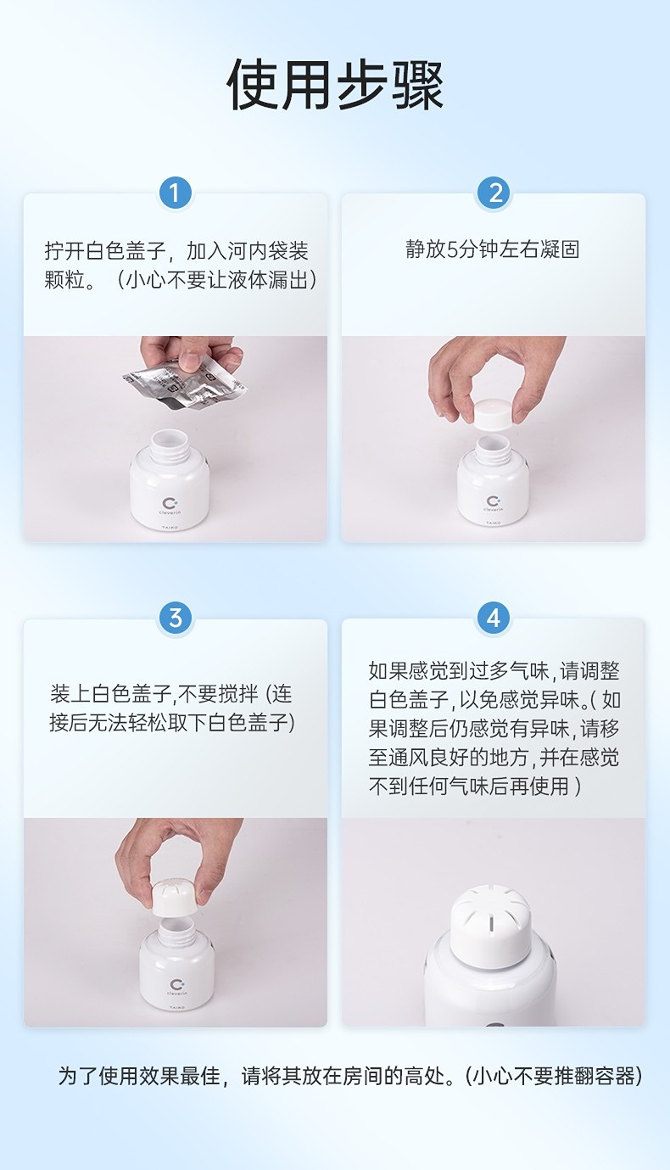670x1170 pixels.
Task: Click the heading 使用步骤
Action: coord(335,85)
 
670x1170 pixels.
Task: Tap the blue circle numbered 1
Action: coord(175,193)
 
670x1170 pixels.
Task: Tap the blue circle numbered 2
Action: coord(494,193)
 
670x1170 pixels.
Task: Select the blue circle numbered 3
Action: coord(175,619)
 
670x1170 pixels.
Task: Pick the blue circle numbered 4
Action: coord(494,619)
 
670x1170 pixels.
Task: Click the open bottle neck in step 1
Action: coord(170,445)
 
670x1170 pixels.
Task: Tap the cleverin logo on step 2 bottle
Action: coord(494,503)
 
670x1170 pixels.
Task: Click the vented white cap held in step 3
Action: coord(175,896)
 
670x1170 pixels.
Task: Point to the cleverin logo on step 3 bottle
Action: coord(176,987)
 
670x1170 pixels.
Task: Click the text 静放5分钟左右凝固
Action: coord(493,249)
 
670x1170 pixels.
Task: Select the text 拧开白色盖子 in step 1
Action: coord(105,251)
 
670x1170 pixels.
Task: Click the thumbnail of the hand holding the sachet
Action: coord(176,439)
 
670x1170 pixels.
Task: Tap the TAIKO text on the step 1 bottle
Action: coord(170,528)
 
